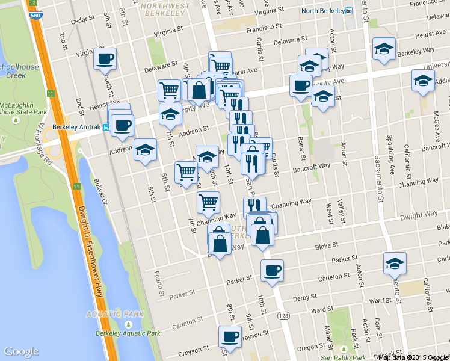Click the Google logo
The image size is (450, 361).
pyautogui.click(x=21, y=351)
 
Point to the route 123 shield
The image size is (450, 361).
pyautogui.click(x=283, y=315)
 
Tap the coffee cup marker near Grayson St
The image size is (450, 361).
pyautogui.click(x=229, y=336)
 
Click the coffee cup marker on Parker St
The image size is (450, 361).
pyautogui.click(x=272, y=270)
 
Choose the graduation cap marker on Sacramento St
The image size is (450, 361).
pyautogui.click(x=395, y=263)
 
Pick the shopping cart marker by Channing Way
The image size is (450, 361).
pyautogui.click(x=208, y=202)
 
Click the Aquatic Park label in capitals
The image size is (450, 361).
pyautogui.click(x=106, y=313)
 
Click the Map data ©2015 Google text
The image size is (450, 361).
pyautogui.click(x=413, y=357)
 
